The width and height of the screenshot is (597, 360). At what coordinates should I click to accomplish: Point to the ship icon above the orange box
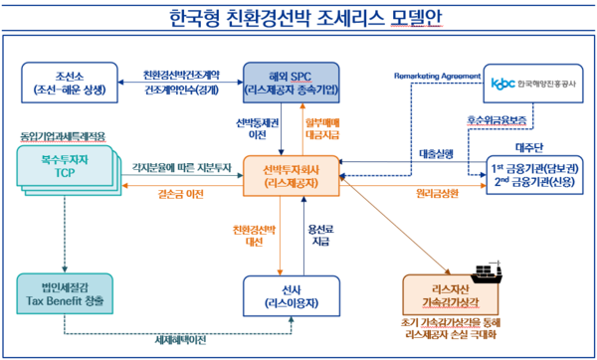pyautogui.click(x=489, y=269)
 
